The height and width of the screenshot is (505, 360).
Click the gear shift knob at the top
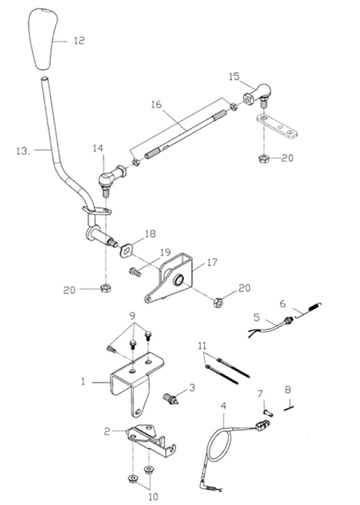click(43, 38)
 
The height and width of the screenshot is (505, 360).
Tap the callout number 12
click(79, 40)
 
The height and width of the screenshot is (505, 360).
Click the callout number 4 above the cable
click(223, 405)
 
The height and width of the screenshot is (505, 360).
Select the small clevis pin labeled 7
click(268, 413)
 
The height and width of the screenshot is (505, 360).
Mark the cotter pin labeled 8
click(289, 408)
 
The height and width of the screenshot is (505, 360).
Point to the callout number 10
click(153, 497)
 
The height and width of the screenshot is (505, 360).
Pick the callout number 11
click(203, 345)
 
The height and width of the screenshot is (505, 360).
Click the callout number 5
click(256, 317)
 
